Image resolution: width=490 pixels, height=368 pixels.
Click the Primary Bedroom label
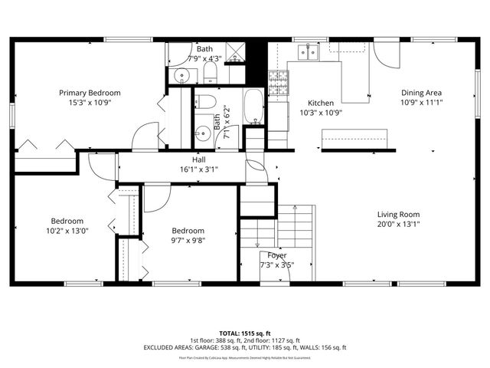click(x=90, y=93)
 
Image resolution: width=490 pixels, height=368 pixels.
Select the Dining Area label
click(x=422, y=93)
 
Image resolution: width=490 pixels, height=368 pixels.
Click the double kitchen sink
click(x=309, y=51)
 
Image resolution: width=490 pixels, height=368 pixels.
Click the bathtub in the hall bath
click(x=253, y=107)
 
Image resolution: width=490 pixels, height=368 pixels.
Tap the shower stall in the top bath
click(x=237, y=52)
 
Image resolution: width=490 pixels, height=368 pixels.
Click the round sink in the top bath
click(x=181, y=75)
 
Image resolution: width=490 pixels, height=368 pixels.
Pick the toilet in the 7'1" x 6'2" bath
click(x=204, y=103)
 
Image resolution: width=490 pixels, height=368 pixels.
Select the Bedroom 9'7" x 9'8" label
click(x=188, y=231)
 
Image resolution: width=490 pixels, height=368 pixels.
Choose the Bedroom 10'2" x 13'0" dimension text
click(x=67, y=231)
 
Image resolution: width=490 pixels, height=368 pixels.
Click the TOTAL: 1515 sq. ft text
click(x=245, y=333)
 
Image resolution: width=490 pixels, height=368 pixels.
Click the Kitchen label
click(x=320, y=103)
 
